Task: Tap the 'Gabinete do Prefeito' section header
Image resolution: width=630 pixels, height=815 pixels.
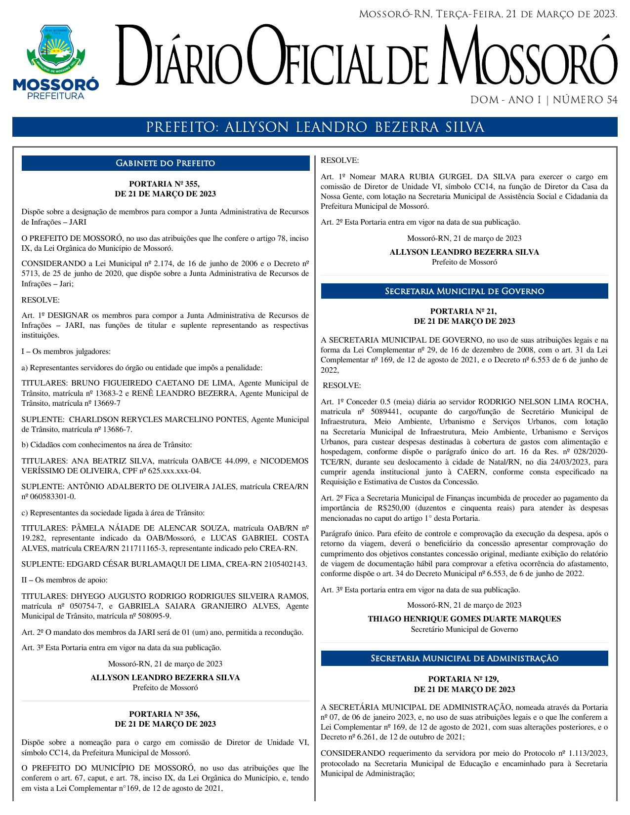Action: pyautogui.click(x=165, y=163)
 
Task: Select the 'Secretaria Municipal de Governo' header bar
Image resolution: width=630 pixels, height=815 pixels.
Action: pyautogui.click(x=464, y=291)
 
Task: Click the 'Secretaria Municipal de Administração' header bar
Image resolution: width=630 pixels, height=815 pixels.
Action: pyautogui.click(x=464, y=659)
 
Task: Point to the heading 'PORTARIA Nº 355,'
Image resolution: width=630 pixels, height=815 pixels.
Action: pyautogui.click(x=165, y=184)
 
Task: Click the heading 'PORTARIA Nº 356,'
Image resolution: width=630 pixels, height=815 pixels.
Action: pyautogui.click(x=165, y=714)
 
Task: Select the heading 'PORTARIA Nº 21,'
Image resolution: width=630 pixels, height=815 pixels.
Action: pyautogui.click(x=463, y=311)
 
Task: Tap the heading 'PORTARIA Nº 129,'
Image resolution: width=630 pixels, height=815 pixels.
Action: pyautogui.click(x=463, y=679)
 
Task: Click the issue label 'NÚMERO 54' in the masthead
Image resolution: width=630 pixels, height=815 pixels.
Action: pyautogui.click(x=585, y=100)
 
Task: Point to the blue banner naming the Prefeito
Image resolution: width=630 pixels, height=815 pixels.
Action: pyautogui.click(x=315, y=127)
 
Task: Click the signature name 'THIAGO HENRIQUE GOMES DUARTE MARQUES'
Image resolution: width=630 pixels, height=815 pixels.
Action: pyautogui.click(x=464, y=619)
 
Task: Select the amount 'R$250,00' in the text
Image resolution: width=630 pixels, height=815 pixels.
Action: pyautogui.click(x=395, y=508)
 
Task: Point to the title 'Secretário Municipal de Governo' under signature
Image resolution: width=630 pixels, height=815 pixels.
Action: pyautogui.click(x=464, y=629)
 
